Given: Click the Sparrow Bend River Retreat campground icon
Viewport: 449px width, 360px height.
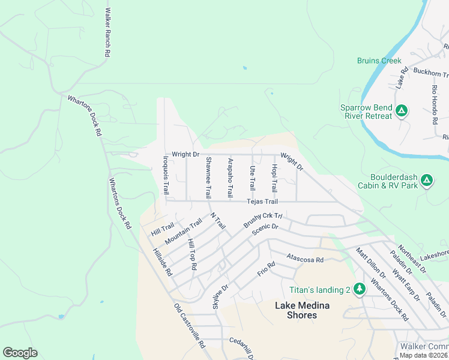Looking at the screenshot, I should coord(402,111).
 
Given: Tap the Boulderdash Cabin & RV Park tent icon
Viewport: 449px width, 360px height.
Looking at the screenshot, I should coord(427,179).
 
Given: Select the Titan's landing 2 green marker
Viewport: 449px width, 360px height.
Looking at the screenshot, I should coord(360,289).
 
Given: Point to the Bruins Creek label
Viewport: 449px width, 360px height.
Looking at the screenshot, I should coord(379,61).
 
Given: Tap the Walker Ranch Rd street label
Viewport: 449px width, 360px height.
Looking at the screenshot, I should coord(107,32).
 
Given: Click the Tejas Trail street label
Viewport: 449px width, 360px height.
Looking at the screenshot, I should coord(262,202).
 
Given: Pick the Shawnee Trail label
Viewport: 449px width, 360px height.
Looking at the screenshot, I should coord(208,178).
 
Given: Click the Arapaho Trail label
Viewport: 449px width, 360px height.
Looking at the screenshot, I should coord(230,178).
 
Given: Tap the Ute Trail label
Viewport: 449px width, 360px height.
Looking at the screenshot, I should coord(252,177).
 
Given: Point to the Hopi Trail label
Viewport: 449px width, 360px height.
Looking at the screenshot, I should coord(274,178).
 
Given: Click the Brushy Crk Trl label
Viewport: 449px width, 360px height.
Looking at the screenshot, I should coord(263,220).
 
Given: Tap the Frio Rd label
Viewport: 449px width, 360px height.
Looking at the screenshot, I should coord(266,269).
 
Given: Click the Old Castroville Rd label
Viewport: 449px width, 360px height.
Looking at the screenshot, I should coord(190,326).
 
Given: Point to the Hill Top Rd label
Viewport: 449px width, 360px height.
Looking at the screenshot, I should coord(192,253).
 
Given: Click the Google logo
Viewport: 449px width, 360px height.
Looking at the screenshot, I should coord(20,353).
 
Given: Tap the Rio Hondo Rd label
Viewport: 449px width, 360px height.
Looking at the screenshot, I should coord(435,104).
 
